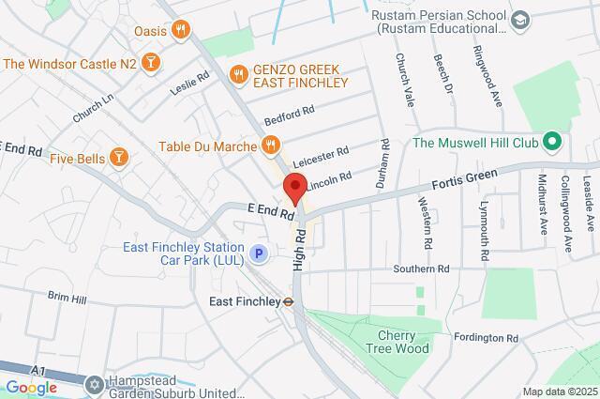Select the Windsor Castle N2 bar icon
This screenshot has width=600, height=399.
click(152, 63)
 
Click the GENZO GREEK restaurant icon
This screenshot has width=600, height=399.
click(238, 72)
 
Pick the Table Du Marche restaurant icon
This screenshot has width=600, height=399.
click(270, 146)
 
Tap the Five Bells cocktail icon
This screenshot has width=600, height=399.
click(119, 156)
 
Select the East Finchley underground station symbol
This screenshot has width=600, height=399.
click(290, 302)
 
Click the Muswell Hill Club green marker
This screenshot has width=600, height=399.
click(552, 143)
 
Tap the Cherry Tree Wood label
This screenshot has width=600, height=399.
click(404, 342)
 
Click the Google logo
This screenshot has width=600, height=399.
click(30, 388)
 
